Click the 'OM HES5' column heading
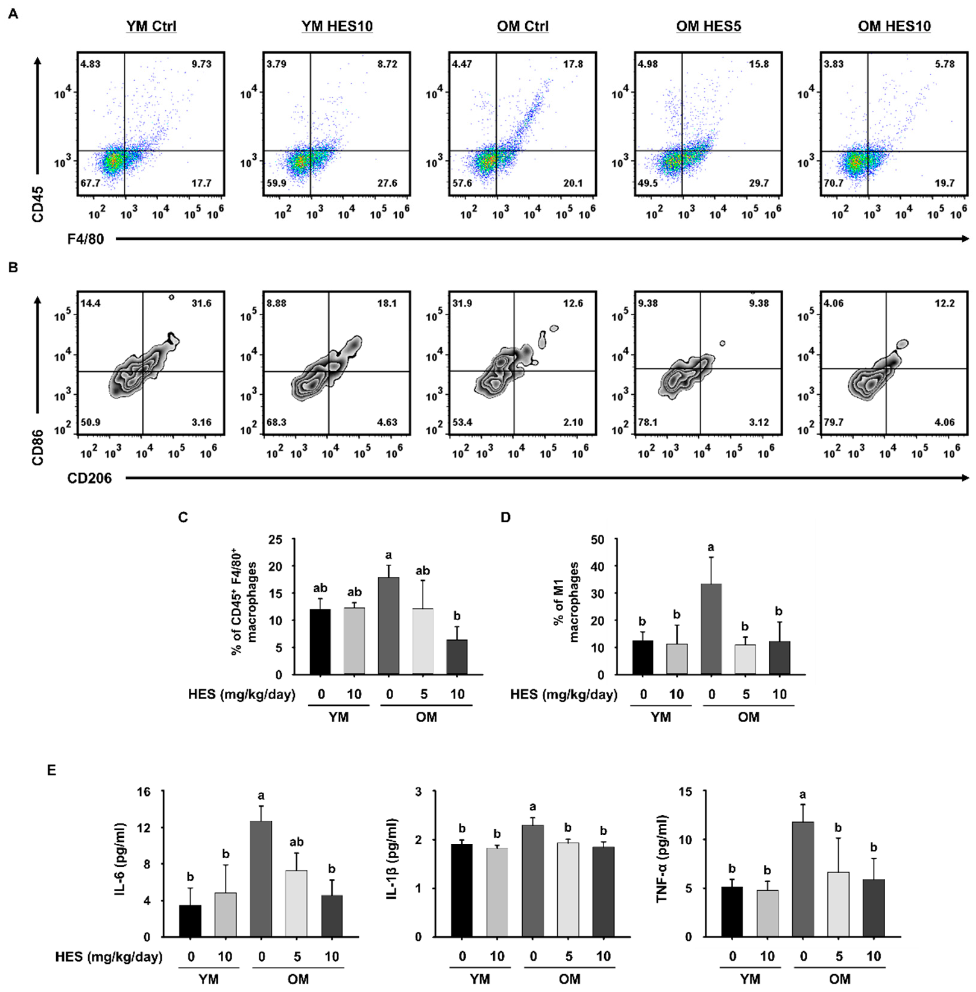tap(708, 26)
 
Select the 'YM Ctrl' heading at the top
tap(151, 26)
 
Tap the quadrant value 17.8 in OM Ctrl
tap(573, 64)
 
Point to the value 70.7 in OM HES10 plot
tap(833, 183)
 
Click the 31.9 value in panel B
tap(462, 304)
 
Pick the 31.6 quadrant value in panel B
tap(201, 304)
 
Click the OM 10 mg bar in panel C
tap(457, 657)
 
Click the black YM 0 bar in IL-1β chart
tap(462, 890)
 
